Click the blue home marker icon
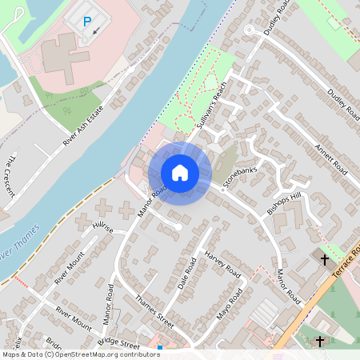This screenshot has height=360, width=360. tap(180, 173)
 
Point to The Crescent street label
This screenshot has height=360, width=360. tap(9, 171)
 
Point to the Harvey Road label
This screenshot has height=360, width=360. tap(222, 262)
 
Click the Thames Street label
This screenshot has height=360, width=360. tap(154, 308)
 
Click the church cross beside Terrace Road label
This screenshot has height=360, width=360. tap(325, 260)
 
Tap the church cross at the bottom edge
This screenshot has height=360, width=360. tap(320, 342)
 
